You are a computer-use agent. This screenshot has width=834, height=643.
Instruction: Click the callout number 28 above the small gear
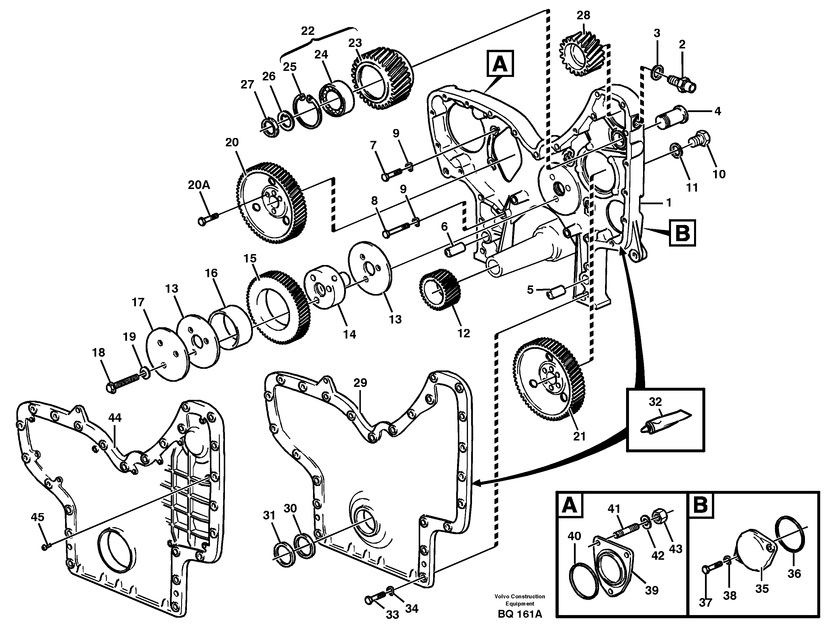click(x=583, y=15)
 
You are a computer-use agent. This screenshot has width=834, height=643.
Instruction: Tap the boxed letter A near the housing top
click(x=500, y=65)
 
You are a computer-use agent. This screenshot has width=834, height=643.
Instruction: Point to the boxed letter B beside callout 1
click(x=682, y=233)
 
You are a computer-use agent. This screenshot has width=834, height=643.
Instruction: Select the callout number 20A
click(x=199, y=185)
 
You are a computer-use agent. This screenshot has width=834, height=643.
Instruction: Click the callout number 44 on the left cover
click(x=115, y=418)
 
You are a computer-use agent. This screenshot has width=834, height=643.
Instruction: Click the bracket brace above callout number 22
click(x=319, y=41)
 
